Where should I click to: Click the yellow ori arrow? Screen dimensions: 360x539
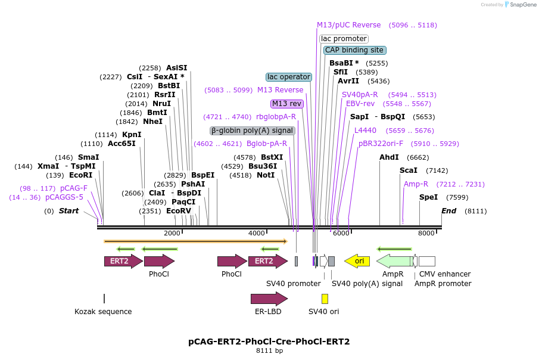coord(357,261)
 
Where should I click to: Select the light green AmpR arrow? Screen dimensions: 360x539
coord(394,261)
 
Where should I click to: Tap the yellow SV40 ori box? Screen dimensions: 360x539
coord(325,299)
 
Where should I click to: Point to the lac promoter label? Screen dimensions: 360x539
coord(344,39)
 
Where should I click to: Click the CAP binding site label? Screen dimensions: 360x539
coord(354,50)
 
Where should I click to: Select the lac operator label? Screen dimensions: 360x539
coord(288,77)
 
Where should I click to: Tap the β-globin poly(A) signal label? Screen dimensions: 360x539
coord(252,131)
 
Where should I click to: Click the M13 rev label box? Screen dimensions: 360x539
coord(287,104)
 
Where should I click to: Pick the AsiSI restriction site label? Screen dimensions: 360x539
coord(176,68)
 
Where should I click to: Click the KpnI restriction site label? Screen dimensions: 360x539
coord(132,135)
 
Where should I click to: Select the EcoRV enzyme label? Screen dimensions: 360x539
coord(179,211)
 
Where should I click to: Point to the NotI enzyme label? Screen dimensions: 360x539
coord(266,175)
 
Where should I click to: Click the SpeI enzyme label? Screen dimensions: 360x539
coord(428,197)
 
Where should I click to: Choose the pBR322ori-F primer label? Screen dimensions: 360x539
coord(381,144)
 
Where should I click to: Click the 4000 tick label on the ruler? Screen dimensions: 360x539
coord(256,233)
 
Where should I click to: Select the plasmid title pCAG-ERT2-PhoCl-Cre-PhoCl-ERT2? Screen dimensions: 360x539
coord(269,342)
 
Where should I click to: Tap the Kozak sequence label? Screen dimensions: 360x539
coord(103,312)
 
